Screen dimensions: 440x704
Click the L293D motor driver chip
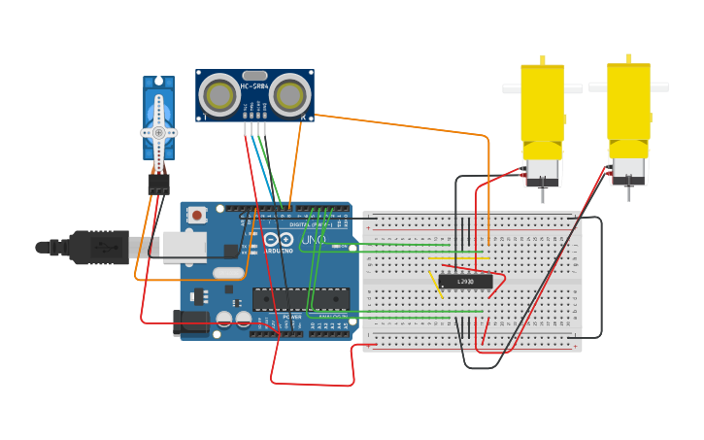(x=465, y=282)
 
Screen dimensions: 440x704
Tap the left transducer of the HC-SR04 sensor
(x=219, y=95)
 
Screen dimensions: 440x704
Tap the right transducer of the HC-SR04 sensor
(x=290, y=95)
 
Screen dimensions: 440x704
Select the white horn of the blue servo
(x=158, y=131)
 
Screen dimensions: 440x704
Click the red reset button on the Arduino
(x=197, y=215)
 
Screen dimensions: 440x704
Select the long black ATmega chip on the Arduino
(x=300, y=299)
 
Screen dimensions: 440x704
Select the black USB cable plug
(x=97, y=248)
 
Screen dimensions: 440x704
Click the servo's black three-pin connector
(x=158, y=184)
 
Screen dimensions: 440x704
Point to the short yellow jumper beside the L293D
(x=436, y=284)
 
